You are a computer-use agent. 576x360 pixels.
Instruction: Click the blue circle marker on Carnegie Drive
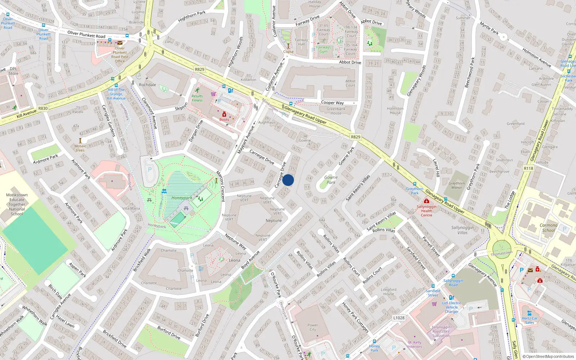click(x=288, y=180)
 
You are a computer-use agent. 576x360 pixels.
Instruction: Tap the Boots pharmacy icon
click(x=224, y=114)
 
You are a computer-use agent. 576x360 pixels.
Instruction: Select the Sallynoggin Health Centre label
click(x=427, y=211)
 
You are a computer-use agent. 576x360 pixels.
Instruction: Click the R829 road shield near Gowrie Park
click(x=355, y=137)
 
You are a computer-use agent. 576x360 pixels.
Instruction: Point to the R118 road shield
click(x=528, y=168)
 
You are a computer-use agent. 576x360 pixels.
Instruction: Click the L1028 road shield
click(x=399, y=318)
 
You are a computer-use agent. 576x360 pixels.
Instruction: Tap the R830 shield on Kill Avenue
click(x=43, y=108)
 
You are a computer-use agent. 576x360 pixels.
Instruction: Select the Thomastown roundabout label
click(x=501, y=253)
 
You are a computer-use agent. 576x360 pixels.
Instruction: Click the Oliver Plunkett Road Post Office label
click(x=120, y=55)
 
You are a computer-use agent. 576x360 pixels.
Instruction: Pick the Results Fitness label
click(x=197, y=98)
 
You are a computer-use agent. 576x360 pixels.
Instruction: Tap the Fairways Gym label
click(x=323, y=49)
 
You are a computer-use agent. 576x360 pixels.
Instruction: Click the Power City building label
click(x=312, y=327)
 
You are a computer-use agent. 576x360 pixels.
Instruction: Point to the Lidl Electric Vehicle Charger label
click(x=451, y=307)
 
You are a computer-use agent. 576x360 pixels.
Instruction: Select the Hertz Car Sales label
click(x=529, y=320)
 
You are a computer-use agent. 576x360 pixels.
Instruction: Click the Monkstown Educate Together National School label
click(x=17, y=204)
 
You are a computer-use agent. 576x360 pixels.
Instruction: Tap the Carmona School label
click(x=548, y=228)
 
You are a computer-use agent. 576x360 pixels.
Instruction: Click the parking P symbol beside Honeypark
click(x=150, y=170)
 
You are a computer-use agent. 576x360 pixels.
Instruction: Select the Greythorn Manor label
click(x=456, y=185)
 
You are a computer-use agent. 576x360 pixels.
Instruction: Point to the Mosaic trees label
click(x=80, y=148)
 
